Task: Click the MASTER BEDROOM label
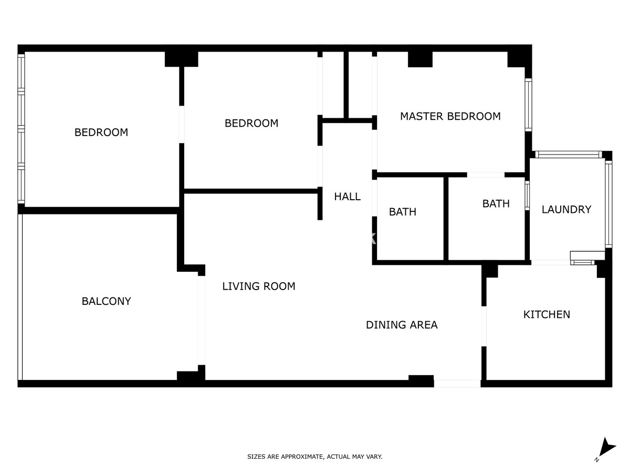tap(450, 116)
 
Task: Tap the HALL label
tap(348, 197)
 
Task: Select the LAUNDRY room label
tap(566, 210)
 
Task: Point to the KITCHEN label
tap(547, 315)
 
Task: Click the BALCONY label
tap(106, 301)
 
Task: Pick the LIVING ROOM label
tap(259, 286)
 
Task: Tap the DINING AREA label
tap(402, 325)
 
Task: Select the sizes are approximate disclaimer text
tap(314, 457)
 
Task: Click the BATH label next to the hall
tap(402, 212)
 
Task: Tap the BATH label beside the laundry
tap(496, 204)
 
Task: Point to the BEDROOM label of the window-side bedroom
tap(101, 132)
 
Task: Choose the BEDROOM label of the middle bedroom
tap(251, 123)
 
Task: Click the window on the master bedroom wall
tap(528, 105)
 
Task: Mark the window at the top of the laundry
tap(568, 155)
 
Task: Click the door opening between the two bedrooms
tap(182, 125)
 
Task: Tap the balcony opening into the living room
tap(202, 320)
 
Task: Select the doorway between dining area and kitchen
tap(484, 326)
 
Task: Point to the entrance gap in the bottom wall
tap(457, 384)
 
